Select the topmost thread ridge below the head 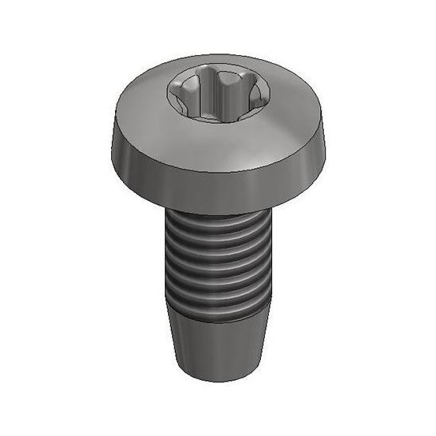tap(217, 223)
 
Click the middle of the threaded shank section tap(217, 264)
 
